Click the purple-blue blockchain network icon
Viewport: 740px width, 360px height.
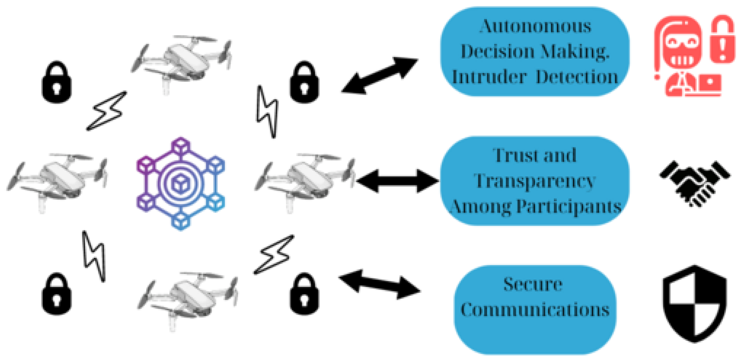[x=181, y=184]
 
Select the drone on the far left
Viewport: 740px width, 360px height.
[x=57, y=179]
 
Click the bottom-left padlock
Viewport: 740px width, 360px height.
[x=57, y=294]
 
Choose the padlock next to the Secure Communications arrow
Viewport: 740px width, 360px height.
[x=304, y=294]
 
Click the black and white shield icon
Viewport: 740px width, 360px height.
[x=695, y=304]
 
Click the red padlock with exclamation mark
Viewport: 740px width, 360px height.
[x=723, y=40]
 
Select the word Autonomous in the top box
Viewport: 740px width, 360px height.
[x=535, y=26]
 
